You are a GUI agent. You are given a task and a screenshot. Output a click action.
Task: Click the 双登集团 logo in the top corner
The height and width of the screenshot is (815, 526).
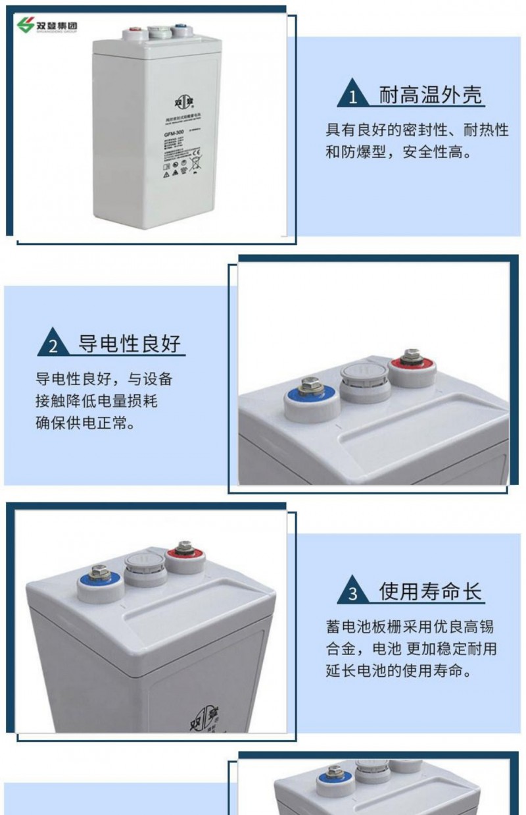coord(47,26)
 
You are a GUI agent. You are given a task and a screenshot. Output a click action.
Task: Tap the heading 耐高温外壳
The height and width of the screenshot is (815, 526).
coord(431,96)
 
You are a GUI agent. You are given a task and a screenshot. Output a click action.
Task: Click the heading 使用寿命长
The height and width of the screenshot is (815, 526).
coord(431,591)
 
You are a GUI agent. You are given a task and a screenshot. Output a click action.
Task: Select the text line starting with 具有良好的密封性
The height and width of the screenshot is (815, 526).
coord(418,129)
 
